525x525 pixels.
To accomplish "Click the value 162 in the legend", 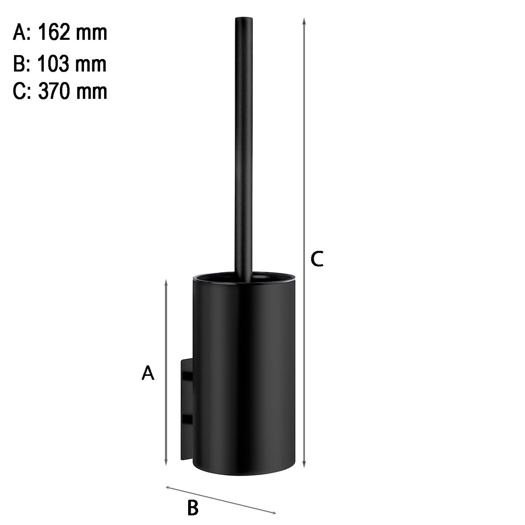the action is pyautogui.click(x=54, y=32).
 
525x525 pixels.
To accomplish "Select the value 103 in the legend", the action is pyautogui.click(x=53, y=64).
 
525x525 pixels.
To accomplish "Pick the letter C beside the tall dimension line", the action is pyautogui.click(x=317, y=259).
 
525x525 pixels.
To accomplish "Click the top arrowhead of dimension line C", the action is pyautogui.click(x=304, y=21).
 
